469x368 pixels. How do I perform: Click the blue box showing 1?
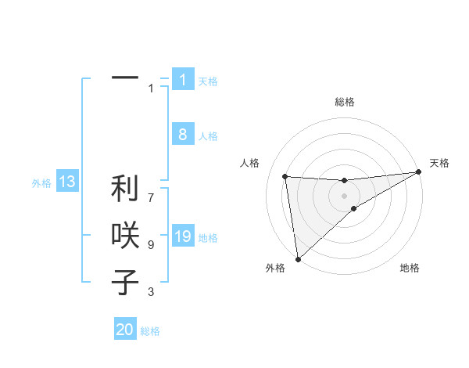click(182, 80)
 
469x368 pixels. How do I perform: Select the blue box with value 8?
click(182, 135)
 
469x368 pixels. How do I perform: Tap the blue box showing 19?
click(182, 236)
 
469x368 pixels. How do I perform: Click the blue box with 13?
click(67, 182)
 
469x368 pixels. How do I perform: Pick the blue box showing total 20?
click(125, 330)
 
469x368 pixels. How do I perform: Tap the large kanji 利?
click(124, 189)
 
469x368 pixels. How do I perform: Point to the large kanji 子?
click(124, 281)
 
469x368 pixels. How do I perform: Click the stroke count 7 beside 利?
click(151, 190)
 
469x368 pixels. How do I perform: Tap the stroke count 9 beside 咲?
click(151, 245)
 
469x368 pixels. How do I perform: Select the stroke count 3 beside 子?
click(151, 292)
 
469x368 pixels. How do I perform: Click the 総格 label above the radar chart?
click(345, 102)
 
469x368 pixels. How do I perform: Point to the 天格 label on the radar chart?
click(439, 163)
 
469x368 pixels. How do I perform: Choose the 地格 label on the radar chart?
click(410, 268)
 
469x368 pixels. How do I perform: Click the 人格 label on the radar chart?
click(249, 163)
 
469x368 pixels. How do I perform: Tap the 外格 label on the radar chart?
click(275, 268)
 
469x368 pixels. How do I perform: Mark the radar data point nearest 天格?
click(419, 172)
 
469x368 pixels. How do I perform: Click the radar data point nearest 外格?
click(298, 258)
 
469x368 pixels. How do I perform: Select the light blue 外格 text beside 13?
click(41, 183)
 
